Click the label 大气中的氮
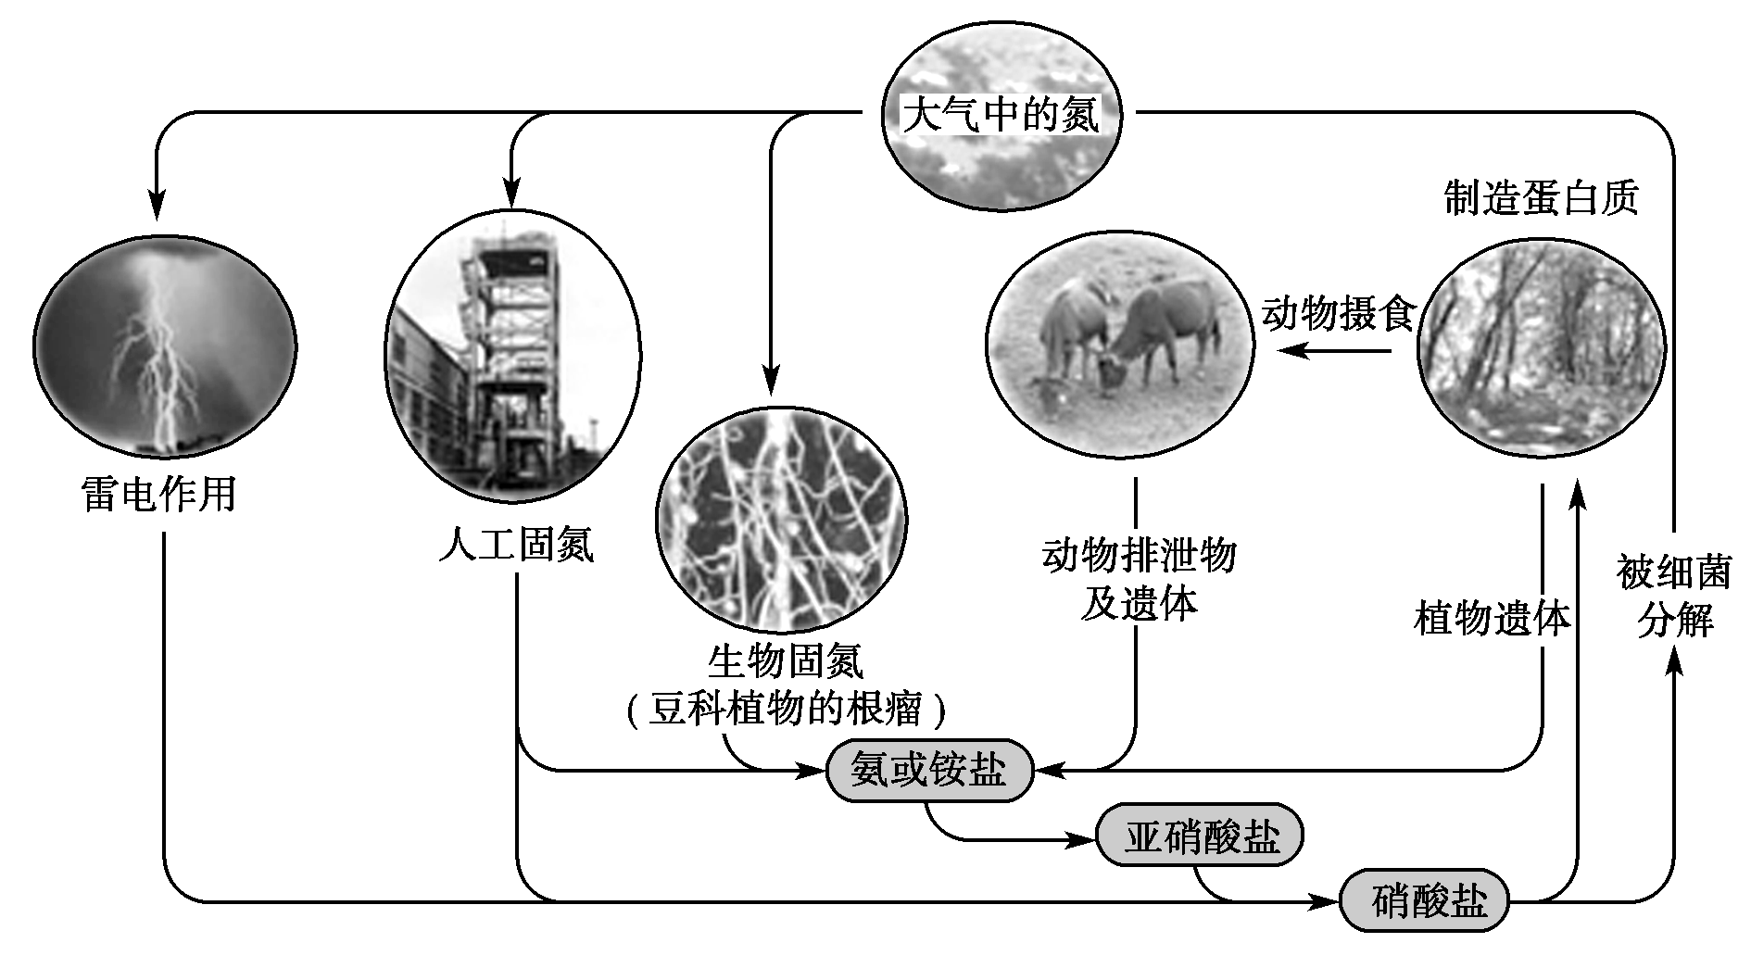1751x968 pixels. tap(1001, 115)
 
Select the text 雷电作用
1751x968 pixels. tap(158, 495)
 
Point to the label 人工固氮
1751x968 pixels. tap(515, 544)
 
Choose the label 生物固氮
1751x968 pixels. tap(785, 661)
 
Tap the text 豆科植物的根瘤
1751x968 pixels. tap(786, 710)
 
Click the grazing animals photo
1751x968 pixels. tap(1119, 346)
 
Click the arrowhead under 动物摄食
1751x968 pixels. tap(1291, 350)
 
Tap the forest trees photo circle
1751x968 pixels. tap(1541, 347)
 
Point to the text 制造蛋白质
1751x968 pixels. tap(1541, 198)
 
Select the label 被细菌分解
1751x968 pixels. tap(1674, 597)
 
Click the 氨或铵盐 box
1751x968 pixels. tap(928, 770)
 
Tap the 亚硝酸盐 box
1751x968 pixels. tap(1200, 836)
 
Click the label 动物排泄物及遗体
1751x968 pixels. tap(1139, 580)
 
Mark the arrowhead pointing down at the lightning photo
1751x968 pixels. tap(157, 207)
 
